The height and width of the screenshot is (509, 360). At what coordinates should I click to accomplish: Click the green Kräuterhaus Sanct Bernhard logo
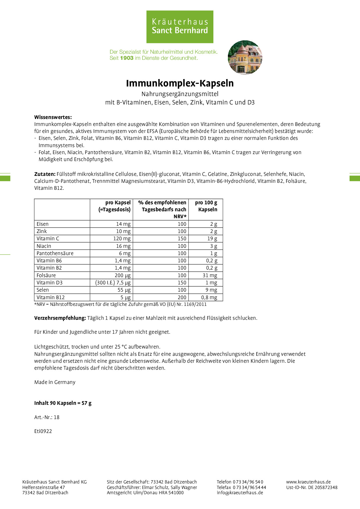(180, 27)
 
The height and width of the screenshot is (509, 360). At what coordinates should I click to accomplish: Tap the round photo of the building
(245, 57)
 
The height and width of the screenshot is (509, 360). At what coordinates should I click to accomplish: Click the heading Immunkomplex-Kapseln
(180, 83)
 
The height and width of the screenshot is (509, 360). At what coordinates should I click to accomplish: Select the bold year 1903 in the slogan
(127, 58)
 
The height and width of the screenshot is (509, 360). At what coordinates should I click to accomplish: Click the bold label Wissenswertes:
(53, 117)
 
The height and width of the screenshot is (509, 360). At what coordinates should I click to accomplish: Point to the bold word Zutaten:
(45, 174)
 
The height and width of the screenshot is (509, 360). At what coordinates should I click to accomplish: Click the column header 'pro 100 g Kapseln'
(206, 206)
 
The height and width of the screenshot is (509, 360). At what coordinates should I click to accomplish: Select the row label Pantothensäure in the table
(55, 253)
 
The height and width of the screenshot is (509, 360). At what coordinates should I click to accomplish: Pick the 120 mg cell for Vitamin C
(122, 239)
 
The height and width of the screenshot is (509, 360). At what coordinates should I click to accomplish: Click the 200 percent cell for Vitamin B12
(182, 297)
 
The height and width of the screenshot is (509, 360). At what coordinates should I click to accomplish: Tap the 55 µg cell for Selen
(124, 290)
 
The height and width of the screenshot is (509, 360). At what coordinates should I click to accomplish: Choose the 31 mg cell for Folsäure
(210, 275)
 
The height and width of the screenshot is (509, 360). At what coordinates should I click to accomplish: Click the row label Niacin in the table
(44, 246)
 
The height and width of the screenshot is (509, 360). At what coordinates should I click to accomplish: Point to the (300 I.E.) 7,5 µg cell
(113, 283)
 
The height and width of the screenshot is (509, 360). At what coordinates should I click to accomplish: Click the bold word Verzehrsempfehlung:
(60, 318)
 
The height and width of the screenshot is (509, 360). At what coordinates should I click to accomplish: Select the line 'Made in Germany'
(55, 382)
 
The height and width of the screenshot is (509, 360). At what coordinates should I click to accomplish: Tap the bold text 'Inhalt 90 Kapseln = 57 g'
(63, 403)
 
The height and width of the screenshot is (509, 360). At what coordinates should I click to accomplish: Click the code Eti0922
(43, 431)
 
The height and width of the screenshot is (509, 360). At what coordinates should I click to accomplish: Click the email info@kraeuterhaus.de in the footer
(240, 492)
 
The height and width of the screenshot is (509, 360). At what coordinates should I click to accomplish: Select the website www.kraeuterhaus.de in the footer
(308, 482)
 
